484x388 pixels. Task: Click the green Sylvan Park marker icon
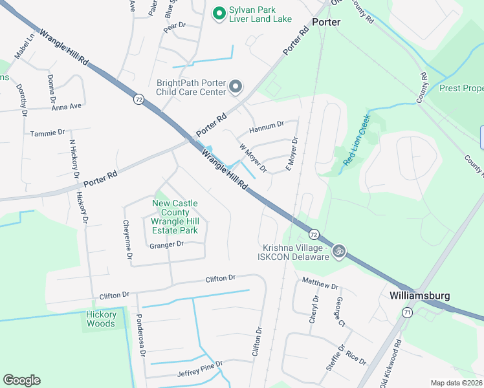[219, 12]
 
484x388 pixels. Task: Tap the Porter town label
[326, 22]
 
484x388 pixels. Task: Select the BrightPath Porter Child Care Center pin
[236, 87]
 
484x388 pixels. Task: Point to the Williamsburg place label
[420, 295]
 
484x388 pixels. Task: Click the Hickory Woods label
[101, 319]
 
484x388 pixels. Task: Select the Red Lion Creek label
[356, 140]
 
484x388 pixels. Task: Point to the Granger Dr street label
[166, 245]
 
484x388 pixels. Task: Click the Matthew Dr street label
[320, 283]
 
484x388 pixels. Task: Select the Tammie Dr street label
[48, 133]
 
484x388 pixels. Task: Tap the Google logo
[21, 380]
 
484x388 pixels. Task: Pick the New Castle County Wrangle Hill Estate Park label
[175, 217]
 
